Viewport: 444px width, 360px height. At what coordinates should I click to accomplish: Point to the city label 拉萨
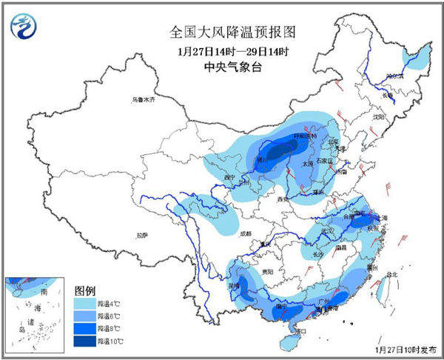point(143,235)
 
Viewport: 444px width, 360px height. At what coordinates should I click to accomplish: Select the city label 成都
point(246,233)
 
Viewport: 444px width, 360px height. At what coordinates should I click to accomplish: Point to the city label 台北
point(391,274)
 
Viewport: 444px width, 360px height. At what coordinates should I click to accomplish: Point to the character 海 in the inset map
point(36,306)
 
